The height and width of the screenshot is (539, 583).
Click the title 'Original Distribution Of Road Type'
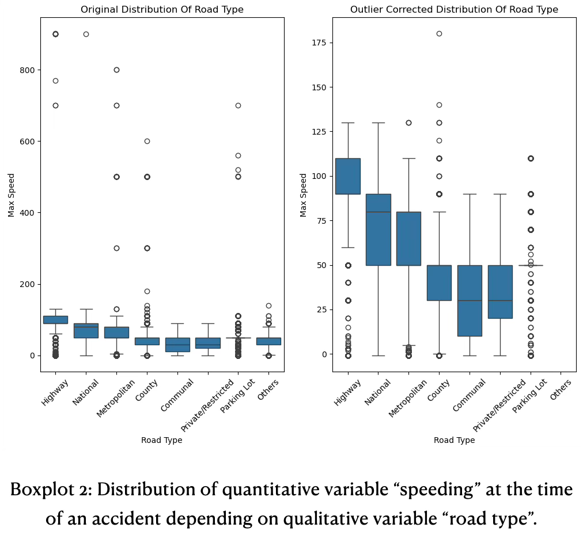tap(162, 10)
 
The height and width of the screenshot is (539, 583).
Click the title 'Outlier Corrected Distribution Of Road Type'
tap(454, 10)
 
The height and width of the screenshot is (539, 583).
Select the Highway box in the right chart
tap(348, 176)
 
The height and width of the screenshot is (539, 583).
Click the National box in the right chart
tap(378, 230)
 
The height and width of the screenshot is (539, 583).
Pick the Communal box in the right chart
tap(470, 300)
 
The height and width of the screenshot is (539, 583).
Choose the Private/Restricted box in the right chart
tap(500, 292)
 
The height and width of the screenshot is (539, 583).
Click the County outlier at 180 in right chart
tap(439, 34)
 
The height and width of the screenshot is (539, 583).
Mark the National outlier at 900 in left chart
tap(86, 34)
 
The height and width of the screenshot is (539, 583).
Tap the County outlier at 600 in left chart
tap(147, 141)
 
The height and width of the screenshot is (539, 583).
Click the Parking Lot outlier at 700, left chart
tap(238, 105)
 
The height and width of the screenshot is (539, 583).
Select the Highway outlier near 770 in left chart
tap(55, 81)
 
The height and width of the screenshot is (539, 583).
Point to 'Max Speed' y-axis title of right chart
tap(304, 194)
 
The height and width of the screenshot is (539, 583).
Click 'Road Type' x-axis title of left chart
tap(161, 440)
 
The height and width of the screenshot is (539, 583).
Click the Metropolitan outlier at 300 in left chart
tap(116, 248)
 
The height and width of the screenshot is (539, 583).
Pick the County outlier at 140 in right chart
tap(439, 105)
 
